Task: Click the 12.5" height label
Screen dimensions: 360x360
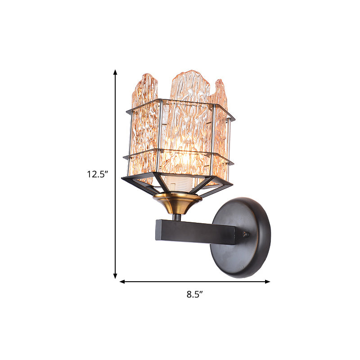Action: (x=97, y=174)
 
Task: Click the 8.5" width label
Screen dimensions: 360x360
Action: (x=195, y=295)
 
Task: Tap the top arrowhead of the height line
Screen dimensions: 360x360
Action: (x=115, y=72)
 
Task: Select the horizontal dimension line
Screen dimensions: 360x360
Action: (x=195, y=282)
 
